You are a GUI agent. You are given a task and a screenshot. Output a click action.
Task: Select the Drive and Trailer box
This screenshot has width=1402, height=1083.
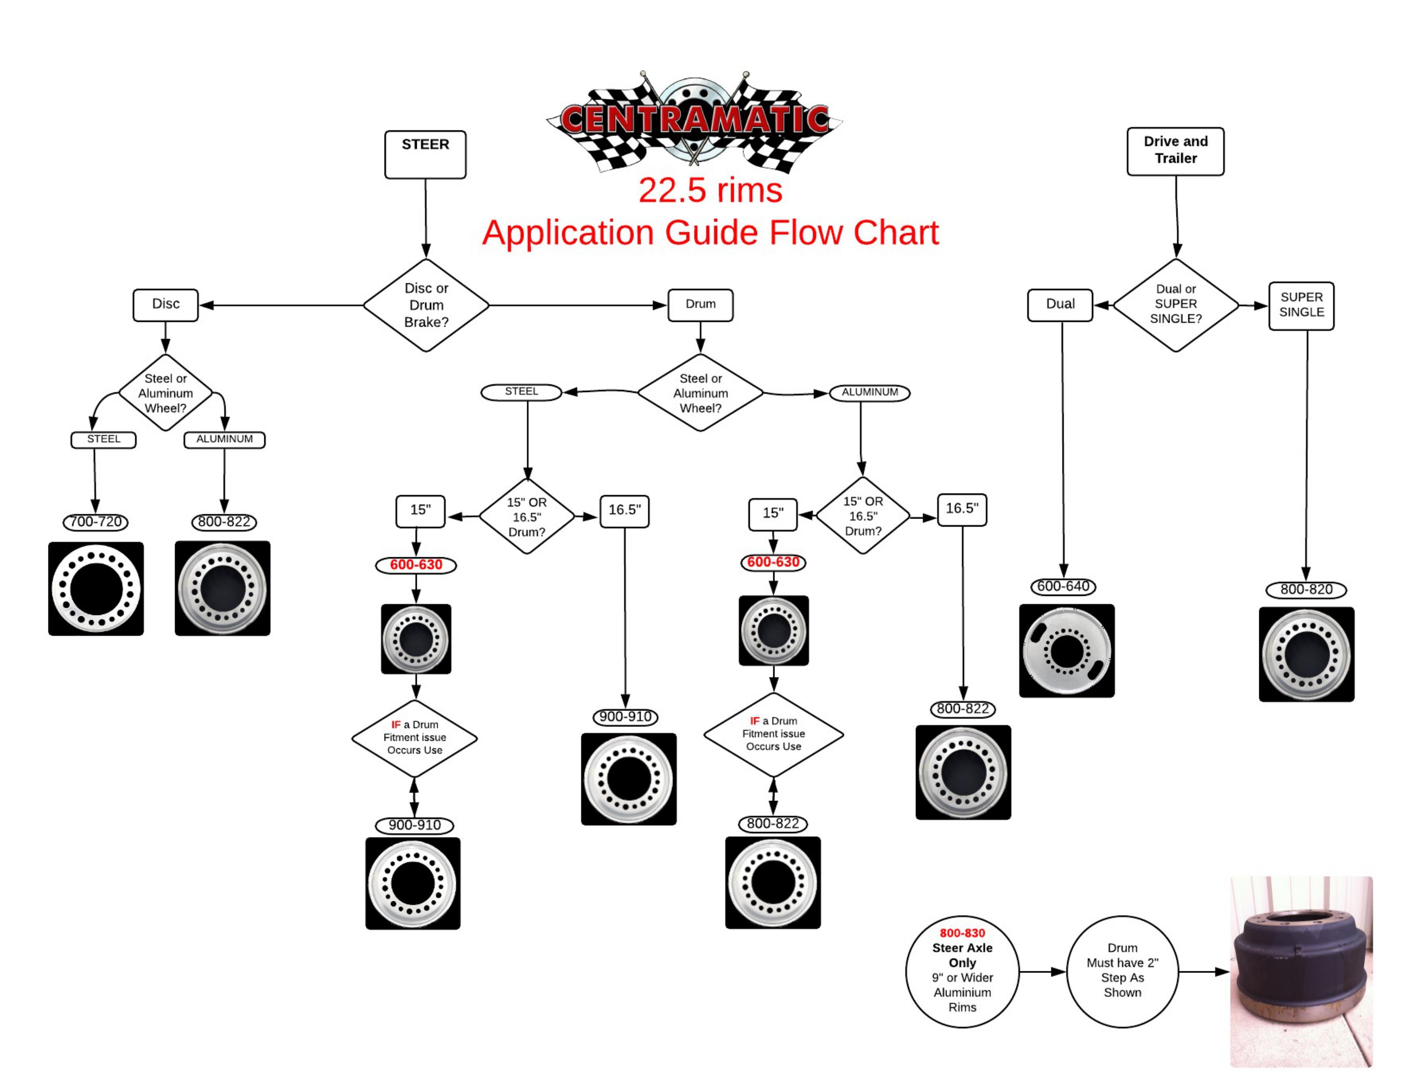coord(1176,152)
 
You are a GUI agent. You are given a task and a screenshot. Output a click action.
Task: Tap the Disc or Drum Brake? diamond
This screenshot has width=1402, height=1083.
coord(426,305)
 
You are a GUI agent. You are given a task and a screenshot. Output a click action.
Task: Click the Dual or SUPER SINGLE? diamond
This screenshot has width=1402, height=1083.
coord(1176,305)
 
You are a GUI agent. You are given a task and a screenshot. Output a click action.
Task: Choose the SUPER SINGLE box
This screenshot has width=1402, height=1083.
coord(1301,306)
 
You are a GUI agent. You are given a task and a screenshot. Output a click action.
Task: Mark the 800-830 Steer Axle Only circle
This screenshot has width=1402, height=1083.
coord(962,971)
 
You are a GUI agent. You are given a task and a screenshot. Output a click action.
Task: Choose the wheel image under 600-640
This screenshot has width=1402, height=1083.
coord(1066,651)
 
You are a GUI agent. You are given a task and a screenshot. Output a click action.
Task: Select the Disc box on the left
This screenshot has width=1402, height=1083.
coord(166,305)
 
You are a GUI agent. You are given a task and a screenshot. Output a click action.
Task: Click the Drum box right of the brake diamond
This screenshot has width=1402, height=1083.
coord(700,305)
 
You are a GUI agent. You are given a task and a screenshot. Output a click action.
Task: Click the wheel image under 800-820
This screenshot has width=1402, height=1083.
coord(1306,654)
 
